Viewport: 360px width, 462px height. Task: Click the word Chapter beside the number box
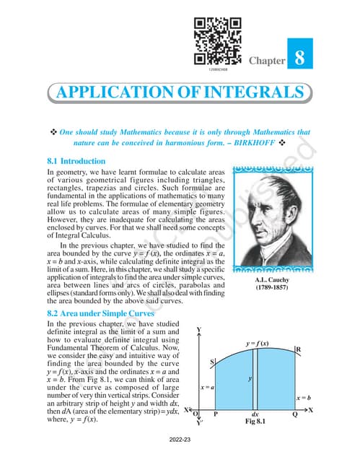click(266, 62)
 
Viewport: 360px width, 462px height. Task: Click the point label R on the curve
click(299, 349)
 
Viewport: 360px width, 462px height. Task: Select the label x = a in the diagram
click(208, 388)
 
